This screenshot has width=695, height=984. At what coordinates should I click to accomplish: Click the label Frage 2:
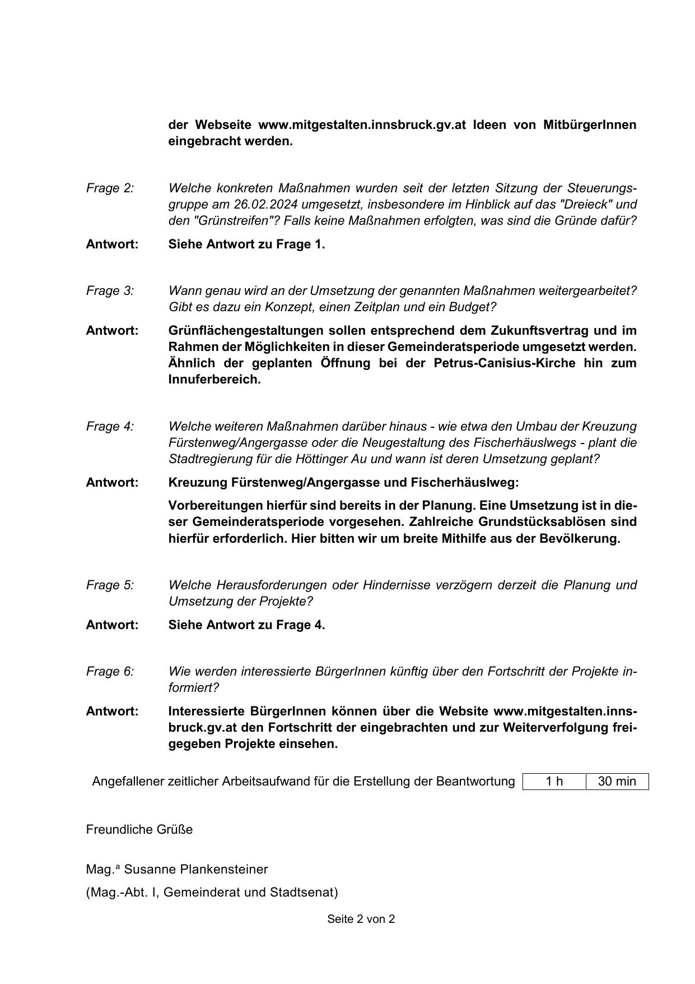[110, 188]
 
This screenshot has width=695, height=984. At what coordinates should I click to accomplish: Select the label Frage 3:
[110, 291]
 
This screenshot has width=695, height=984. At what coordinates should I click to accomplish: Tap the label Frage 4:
[110, 427]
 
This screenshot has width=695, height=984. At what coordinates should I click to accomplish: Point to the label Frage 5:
[110, 585]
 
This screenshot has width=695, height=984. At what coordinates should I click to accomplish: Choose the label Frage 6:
[110, 672]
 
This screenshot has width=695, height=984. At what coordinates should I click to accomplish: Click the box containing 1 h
[554, 782]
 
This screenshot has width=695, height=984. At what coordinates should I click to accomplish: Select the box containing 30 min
[617, 782]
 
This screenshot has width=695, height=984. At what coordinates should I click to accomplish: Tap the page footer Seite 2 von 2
[361, 920]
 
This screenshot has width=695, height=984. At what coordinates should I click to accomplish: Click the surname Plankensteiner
[224, 870]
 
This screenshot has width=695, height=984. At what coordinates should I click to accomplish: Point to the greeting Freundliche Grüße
[139, 830]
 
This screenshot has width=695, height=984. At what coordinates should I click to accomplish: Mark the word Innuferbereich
[214, 380]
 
